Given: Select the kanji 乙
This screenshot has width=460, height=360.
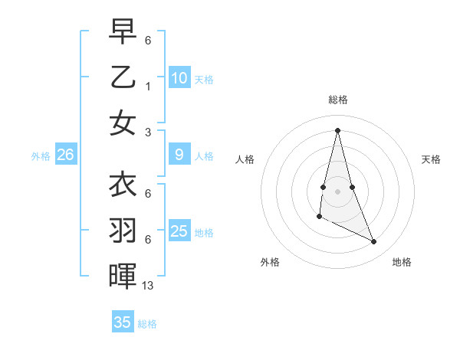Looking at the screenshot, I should (x=123, y=77).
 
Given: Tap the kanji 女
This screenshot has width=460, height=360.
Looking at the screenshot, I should (x=123, y=123).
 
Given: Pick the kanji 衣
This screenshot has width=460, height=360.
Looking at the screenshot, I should (x=123, y=185).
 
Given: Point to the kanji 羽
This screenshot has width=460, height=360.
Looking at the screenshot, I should (x=123, y=231).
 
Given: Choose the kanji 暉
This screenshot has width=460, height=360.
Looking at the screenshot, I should (x=123, y=277).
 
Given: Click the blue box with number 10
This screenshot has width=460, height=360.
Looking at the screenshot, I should (x=179, y=78).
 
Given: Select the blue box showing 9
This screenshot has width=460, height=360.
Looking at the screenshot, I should (x=179, y=155).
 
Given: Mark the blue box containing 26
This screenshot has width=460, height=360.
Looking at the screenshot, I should (x=65, y=155).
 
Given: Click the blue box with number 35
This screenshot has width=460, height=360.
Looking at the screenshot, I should (x=123, y=322).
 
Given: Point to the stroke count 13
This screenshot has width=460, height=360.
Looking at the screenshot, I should (x=148, y=286).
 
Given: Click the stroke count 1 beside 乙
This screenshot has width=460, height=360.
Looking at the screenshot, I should (x=148, y=87).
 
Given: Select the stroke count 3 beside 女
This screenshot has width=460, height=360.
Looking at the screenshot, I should (x=148, y=132).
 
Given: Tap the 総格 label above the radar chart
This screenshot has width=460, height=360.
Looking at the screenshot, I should (x=338, y=100).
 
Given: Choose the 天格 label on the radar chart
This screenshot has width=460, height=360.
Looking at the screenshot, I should (x=431, y=159).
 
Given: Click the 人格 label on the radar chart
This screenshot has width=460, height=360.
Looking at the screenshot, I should (x=245, y=159).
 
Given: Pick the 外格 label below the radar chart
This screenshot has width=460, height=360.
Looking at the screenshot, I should (x=270, y=262).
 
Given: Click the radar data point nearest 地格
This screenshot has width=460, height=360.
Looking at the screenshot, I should (x=374, y=242).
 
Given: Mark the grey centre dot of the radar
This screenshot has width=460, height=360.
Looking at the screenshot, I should (x=338, y=191).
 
